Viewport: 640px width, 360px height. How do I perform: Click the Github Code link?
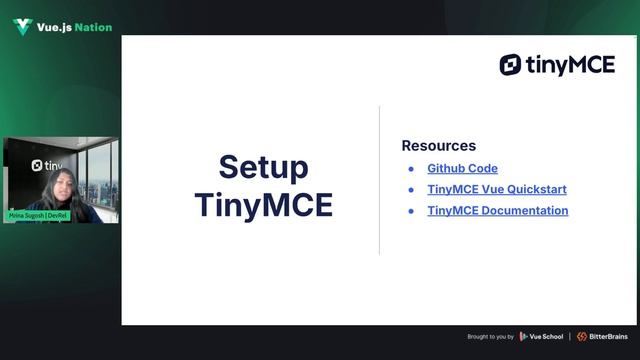click(462, 169)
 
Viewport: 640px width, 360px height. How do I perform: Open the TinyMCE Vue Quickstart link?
click(497, 190)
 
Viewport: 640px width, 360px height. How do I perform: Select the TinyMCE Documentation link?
click(497, 211)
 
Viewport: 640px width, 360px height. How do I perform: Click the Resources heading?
click(438, 146)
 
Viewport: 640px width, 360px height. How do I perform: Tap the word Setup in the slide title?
click(263, 167)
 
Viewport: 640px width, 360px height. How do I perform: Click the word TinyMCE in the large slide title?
click(263, 204)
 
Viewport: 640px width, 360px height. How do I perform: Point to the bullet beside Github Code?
click(410, 169)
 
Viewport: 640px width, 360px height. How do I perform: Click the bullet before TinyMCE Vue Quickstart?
click(410, 190)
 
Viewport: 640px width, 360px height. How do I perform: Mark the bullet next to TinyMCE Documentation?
click(410, 211)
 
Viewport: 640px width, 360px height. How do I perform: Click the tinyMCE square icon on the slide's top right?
click(510, 65)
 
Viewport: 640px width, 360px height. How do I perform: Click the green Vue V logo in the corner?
click(22, 27)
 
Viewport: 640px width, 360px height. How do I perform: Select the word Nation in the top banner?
click(92, 28)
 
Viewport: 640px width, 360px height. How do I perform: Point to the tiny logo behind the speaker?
click(46, 165)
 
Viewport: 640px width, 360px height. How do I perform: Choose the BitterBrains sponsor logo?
click(602, 336)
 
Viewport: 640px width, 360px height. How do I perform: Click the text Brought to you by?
click(490, 337)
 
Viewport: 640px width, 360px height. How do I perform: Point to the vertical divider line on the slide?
click(379, 180)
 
